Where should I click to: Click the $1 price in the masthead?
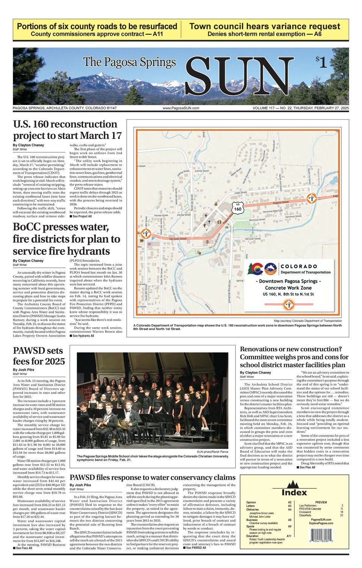tap(321, 62)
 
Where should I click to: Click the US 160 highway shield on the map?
tap(237, 208)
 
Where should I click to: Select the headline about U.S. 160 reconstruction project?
tap(67, 130)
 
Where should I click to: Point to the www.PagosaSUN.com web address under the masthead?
tap(181, 108)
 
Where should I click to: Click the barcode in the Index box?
tap(321, 537)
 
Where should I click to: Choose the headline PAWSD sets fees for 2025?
tap(39, 356)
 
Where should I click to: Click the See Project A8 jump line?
tap(80, 216)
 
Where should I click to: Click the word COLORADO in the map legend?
tap(299, 266)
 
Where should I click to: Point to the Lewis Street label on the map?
tap(240, 193)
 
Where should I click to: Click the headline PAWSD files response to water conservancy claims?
tap(152, 477)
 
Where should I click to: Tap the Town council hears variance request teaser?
tap(265, 27)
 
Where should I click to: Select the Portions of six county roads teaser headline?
tap(97, 27)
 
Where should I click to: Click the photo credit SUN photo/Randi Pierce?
tap(212, 452)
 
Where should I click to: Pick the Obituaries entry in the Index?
tap(252, 509)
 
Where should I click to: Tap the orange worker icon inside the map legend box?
tap(288, 304)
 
